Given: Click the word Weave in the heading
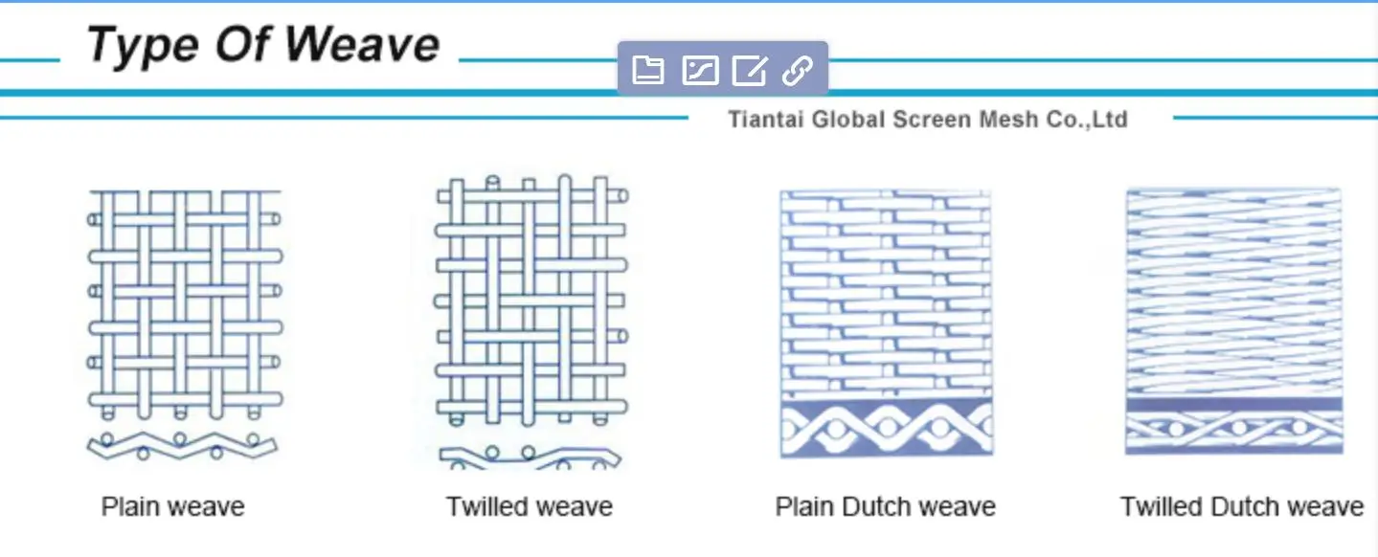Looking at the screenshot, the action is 363,44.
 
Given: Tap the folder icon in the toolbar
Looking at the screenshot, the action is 648,70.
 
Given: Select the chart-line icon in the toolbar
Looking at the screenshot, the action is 699,70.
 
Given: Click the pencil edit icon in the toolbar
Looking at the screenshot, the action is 749,70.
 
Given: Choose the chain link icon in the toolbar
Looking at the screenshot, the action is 798,70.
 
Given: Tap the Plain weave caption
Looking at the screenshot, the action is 173,506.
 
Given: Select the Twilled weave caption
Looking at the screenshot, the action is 529,506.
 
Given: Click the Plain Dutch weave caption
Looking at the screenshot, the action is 885,506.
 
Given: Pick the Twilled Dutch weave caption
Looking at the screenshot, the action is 1241,506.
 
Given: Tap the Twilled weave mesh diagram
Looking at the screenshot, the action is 531,301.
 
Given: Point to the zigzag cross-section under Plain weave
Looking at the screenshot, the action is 182,445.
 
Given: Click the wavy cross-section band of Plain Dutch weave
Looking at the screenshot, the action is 886,429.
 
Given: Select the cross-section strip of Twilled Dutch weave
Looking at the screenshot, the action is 1233,427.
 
